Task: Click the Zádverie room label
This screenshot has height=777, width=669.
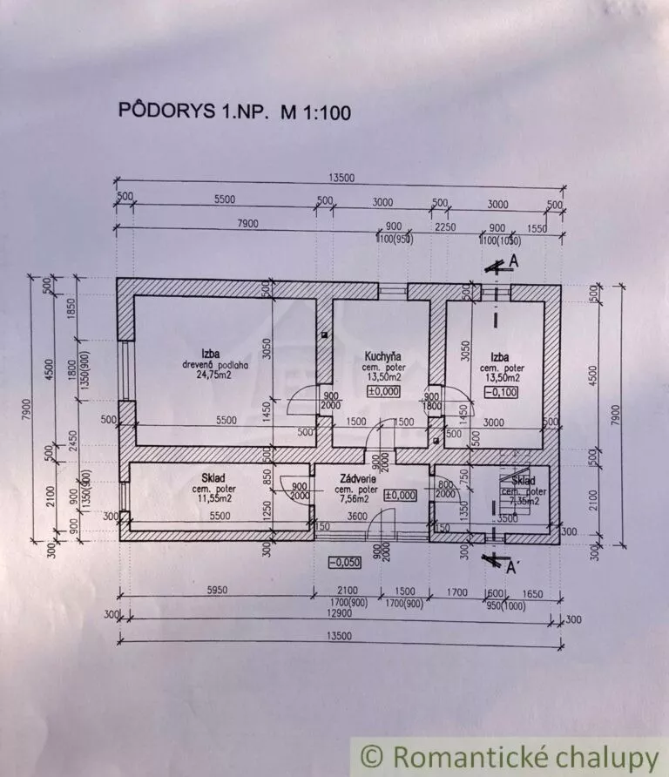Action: click(357, 478)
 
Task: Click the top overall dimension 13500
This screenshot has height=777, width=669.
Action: click(342, 178)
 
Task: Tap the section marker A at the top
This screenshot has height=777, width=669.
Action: click(515, 260)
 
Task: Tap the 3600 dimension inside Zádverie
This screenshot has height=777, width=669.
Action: click(357, 516)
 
